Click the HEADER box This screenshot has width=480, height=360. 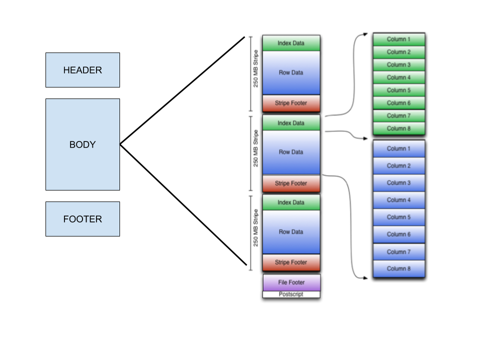pyautogui.click(x=82, y=70)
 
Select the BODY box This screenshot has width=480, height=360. pyautogui.click(x=82, y=144)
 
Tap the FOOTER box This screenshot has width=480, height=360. pyautogui.click(x=82, y=219)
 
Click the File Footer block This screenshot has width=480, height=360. pyautogui.click(x=291, y=282)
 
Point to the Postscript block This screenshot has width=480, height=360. pyautogui.click(x=291, y=294)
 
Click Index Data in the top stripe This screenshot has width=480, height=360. pyautogui.click(x=291, y=43)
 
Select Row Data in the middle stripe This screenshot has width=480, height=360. pyautogui.click(x=291, y=152)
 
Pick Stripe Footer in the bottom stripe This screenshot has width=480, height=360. pyautogui.click(x=291, y=262)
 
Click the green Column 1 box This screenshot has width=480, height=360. pyautogui.click(x=398, y=39)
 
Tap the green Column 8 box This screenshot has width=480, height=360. pyautogui.click(x=398, y=128)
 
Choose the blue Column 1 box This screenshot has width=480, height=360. pyautogui.click(x=398, y=149)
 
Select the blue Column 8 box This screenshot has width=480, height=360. pyautogui.click(x=398, y=269)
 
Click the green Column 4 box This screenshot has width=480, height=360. pyautogui.click(x=398, y=77)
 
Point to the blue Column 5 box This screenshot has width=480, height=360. pyautogui.click(x=398, y=217)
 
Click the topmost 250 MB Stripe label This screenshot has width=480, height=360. pyautogui.click(x=256, y=69)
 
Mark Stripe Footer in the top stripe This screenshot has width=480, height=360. pyautogui.click(x=291, y=103)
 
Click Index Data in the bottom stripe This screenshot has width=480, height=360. pyautogui.click(x=291, y=202)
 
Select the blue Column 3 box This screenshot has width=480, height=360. pyautogui.click(x=398, y=183)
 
